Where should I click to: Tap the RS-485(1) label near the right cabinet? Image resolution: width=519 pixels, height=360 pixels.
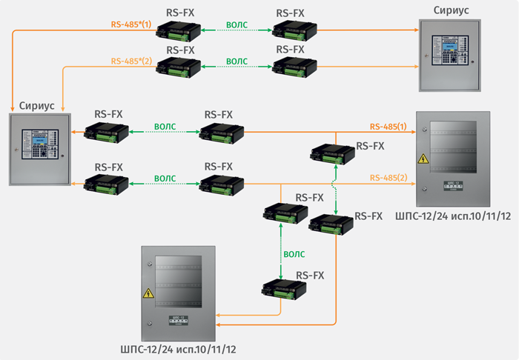pos(389,126)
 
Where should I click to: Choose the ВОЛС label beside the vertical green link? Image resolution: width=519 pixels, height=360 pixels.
pos(294,254)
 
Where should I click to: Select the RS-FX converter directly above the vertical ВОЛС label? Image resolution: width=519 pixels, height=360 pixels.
pos(283,213)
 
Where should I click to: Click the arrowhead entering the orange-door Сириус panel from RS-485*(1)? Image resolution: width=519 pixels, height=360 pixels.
pos(415,30)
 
